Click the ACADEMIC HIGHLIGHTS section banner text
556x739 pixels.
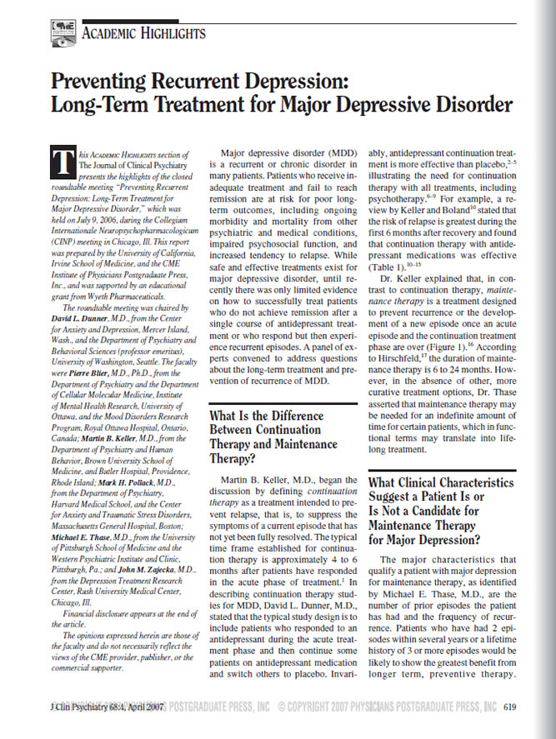(143, 32)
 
